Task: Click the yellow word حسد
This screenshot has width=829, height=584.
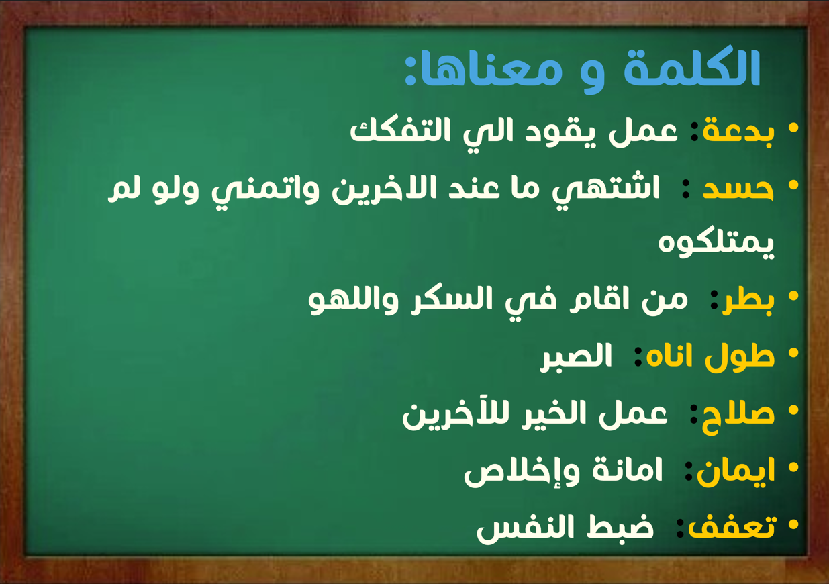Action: [x=738, y=189]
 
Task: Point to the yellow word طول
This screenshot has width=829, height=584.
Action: [x=740, y=357]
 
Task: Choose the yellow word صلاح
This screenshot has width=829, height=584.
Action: [x=738, y=416]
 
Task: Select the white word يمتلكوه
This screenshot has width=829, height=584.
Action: [x=716, y=246]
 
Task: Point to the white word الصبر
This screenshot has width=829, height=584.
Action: [x=576, y=357]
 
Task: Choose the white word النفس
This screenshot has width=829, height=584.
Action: [x=530, y=528]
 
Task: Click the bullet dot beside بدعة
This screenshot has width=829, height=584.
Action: [x=793, y=128]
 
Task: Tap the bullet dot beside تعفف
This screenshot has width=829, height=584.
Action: [x=793, y=524]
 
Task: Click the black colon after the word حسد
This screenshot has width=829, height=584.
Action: [x=686, y=189]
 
